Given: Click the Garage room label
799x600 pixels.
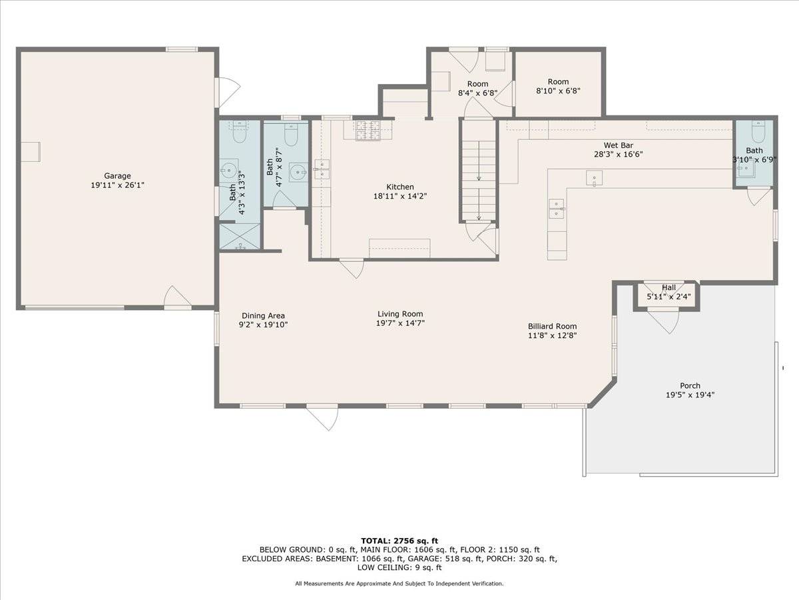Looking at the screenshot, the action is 117,175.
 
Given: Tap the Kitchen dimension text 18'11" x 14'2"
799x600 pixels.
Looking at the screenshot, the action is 400,197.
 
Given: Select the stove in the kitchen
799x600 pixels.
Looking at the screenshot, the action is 368,130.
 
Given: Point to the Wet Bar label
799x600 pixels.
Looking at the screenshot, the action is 618,145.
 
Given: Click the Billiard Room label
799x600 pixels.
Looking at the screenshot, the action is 552,327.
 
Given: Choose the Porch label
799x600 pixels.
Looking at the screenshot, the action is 690,385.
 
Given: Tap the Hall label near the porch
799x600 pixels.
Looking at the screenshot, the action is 668,287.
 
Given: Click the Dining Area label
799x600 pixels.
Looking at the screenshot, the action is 263,316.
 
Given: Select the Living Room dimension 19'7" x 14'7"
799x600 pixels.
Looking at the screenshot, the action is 400,323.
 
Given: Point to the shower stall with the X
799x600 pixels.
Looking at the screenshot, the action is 240,237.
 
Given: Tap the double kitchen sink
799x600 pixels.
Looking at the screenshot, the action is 322,169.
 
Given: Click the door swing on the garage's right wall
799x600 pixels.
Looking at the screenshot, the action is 228,92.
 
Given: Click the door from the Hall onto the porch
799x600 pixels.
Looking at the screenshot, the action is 663,320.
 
